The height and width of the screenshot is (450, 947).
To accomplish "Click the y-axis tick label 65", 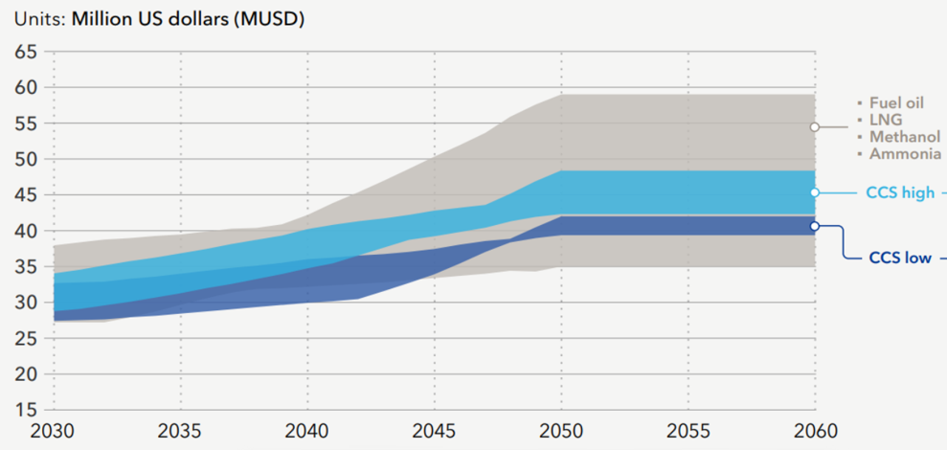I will (26, 52).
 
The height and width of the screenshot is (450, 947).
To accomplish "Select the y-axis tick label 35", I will (26, 266).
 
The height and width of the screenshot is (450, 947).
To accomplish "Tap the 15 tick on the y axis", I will (26, 410).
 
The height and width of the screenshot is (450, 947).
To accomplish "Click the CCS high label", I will (899, 193).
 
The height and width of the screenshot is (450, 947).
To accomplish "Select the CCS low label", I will (899, 258).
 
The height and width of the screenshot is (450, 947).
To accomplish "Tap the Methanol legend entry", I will (905, 137).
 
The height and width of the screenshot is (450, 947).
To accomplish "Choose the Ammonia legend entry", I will (905, 154).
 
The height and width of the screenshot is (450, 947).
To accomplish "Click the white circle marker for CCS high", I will (815, 192).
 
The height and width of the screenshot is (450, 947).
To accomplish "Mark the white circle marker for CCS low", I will (815, 226).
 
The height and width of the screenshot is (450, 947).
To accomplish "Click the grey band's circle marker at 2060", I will (815, 126).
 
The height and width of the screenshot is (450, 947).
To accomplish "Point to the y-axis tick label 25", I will (26, 338).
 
